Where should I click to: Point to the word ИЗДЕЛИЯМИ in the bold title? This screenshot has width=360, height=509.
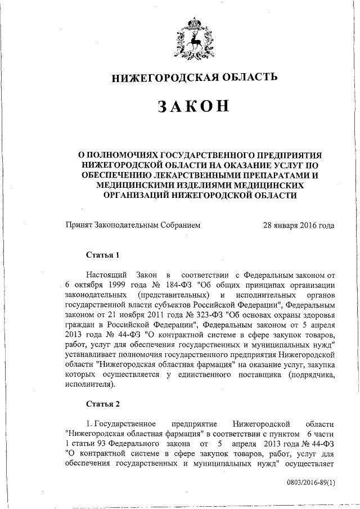click(211, 184)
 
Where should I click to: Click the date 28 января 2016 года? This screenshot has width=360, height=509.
click(299, 225)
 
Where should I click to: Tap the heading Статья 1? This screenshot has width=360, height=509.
click(102, 254)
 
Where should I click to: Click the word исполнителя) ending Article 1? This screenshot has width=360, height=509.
click(89, 385)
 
